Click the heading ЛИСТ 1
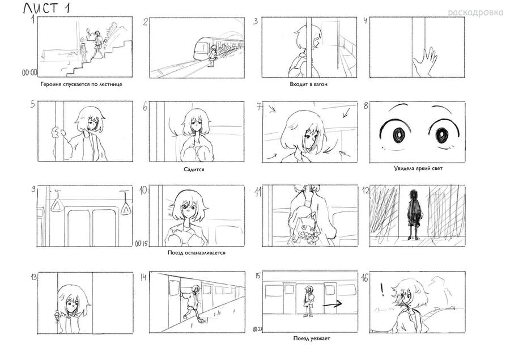coord(46,8)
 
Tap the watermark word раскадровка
coord(475,12)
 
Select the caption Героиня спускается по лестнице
coord(81,84)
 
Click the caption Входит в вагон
coord(308,84)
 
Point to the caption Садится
coord(194,170)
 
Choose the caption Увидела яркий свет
coord(418,168)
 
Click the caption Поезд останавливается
coord(197,253)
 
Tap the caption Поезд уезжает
coord(312,338)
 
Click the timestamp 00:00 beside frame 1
coord(29,73)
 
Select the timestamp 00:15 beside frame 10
coord(142,243)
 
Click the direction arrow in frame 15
coord(332,304)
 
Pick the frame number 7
coord(259,107)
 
